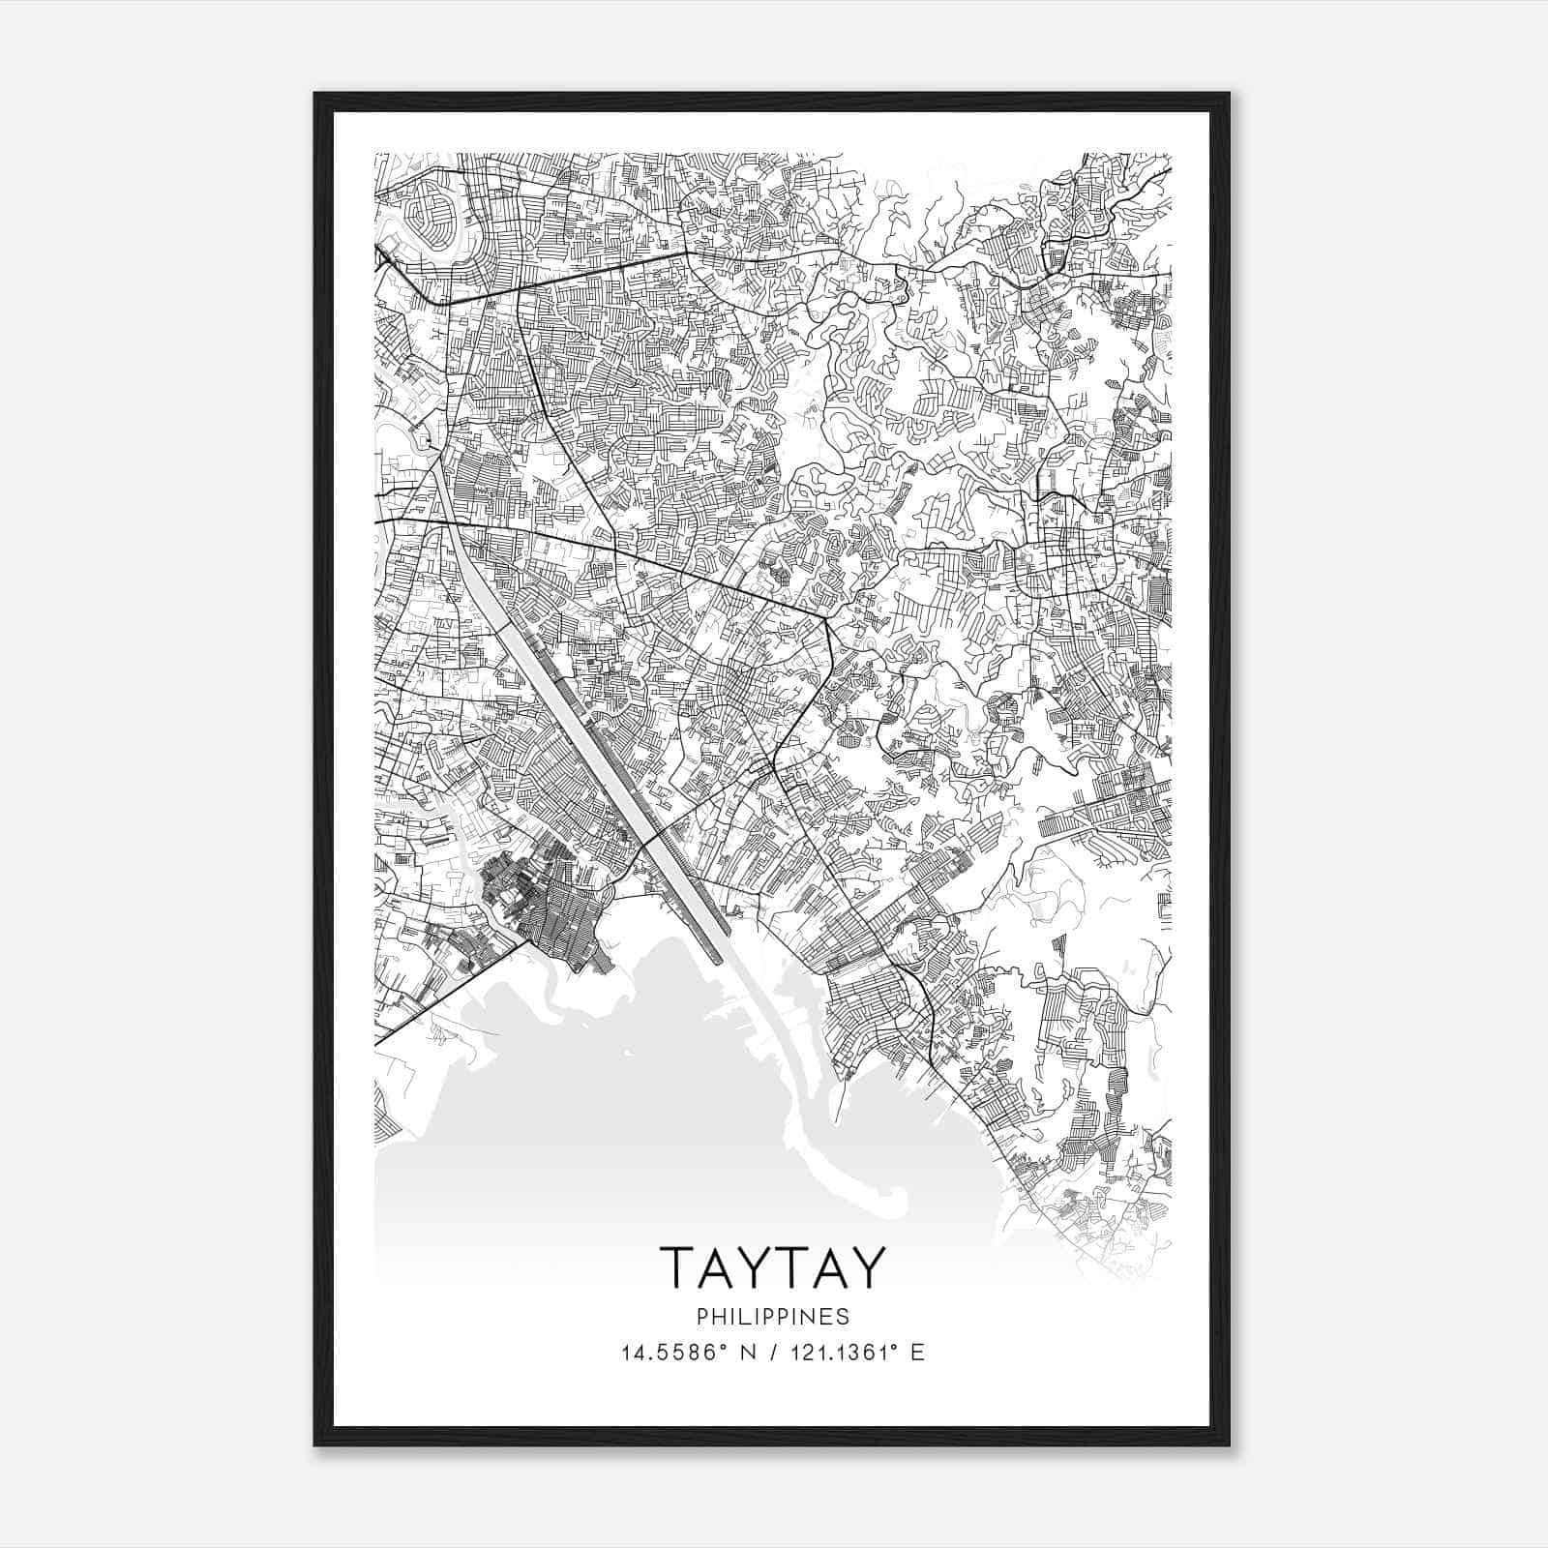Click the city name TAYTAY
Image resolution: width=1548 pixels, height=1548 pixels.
pyautogui.click(x=772, y=1267)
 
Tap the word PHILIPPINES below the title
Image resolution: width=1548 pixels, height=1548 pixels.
pyautogui.click(x=772, y=1317)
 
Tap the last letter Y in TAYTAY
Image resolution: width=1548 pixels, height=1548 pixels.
pyautogui.click(x=867, y=1267)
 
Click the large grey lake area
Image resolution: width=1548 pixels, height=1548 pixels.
pyautogui.click(x=629, y=1113)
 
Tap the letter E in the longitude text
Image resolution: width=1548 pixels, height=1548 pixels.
pyautogui.click(x=917, y=1353)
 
